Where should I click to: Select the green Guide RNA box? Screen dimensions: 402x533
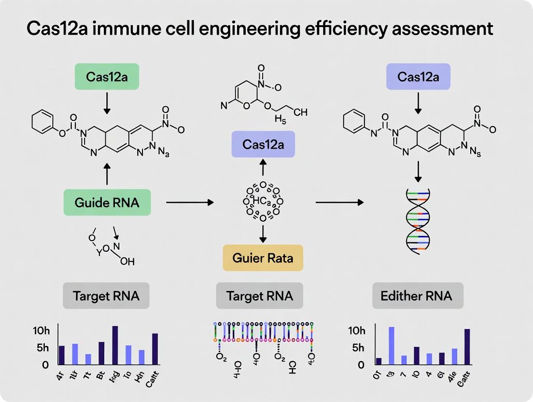click(x=107, y=202)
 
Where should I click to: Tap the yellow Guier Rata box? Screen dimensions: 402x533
click(x=263, y=258)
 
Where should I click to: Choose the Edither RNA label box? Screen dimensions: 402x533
click(x=418, y=295)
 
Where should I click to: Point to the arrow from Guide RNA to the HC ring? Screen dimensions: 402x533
click(x=189, y=202)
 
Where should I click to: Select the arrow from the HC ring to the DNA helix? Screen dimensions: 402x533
click(x=339, y=202)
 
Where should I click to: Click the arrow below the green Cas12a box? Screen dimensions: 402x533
click(x=107, y=104)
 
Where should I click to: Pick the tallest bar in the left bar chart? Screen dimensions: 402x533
click(x=115, y=345)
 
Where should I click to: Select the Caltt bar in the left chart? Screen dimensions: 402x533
click(x=155, y=349)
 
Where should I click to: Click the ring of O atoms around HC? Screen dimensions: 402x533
click(x=263, y=201)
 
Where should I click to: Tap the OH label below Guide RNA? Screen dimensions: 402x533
click(x=126, y=261)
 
